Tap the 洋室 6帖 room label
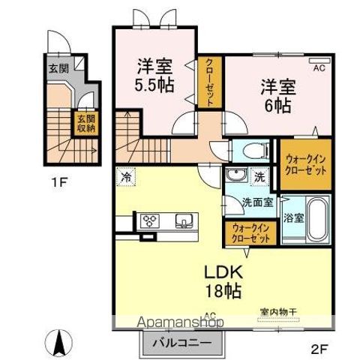[277, 96]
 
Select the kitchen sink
[184, 220]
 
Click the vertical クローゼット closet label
[210, 82]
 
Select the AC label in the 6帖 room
[319, 67]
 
